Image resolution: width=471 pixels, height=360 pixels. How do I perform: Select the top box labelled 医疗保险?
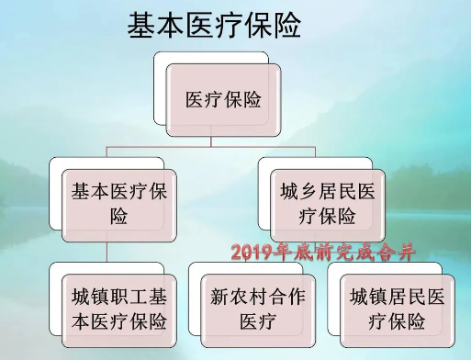point(223,100)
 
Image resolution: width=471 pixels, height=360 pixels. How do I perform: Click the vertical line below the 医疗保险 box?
point(213,141)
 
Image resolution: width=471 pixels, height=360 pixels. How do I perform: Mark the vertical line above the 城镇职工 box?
point(107,253)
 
